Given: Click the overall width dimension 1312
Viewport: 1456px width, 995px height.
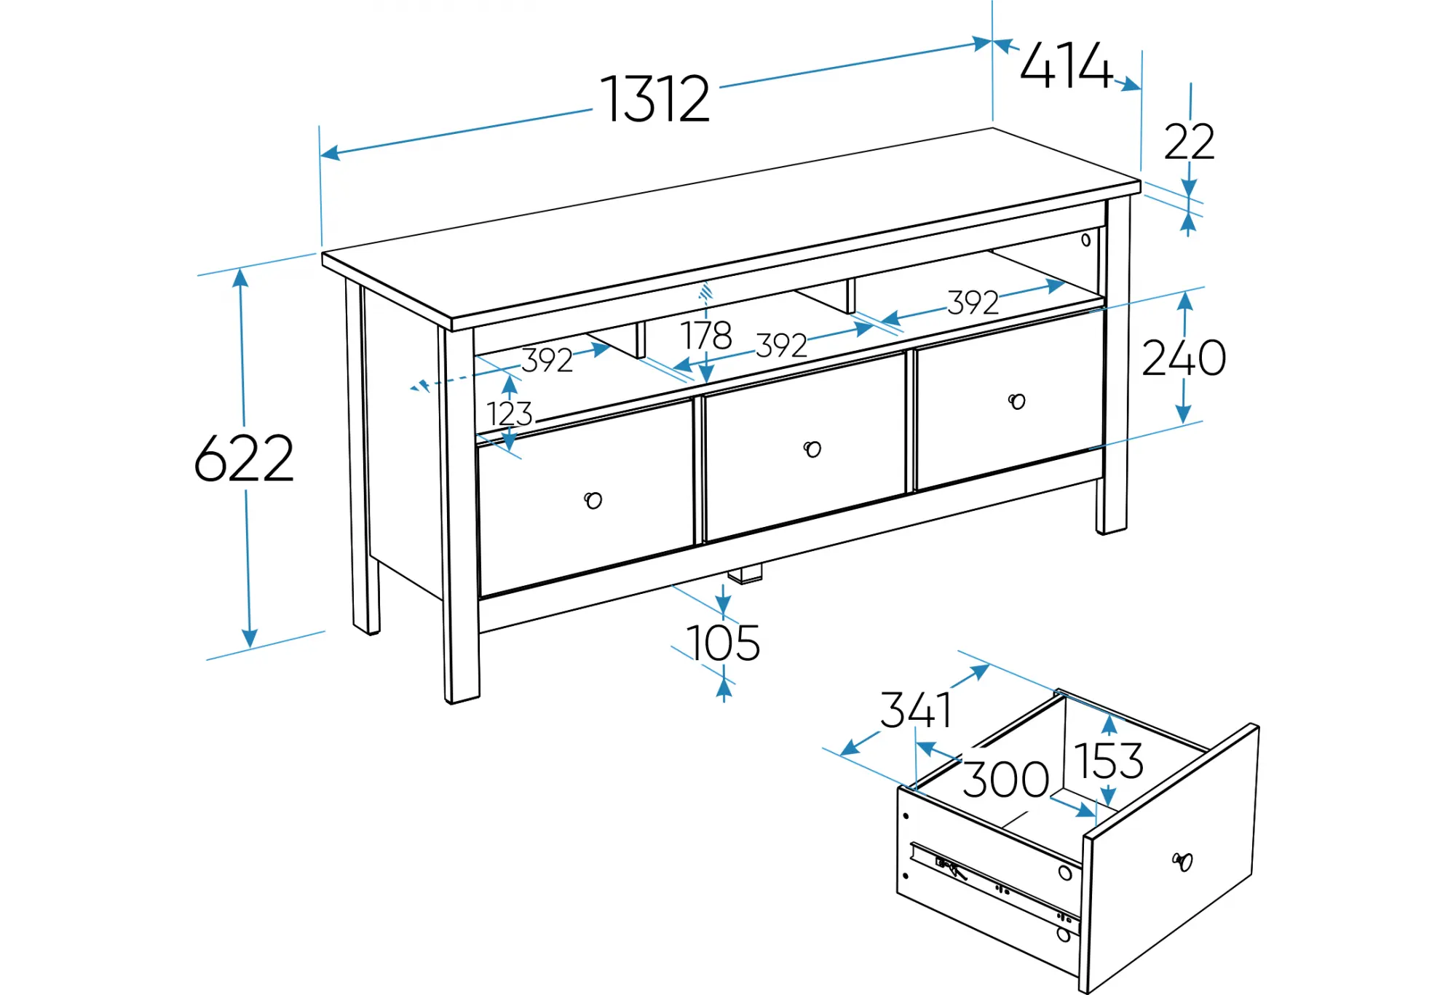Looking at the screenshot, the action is pos(654,99).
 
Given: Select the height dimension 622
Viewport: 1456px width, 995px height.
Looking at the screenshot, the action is pos(244,459).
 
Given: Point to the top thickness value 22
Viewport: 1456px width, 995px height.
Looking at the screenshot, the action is pos(1190,141).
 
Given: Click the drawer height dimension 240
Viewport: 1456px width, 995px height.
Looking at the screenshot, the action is pos(1184,358).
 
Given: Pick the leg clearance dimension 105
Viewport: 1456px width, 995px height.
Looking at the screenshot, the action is pos(723,643).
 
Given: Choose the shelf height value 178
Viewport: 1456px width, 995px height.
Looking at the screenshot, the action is pos(706,336).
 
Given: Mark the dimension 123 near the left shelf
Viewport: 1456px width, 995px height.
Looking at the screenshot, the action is pos(510,413).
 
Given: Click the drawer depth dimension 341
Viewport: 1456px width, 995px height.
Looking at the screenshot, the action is pos(916,710).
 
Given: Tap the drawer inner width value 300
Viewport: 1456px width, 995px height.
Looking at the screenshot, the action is pos(1006,780).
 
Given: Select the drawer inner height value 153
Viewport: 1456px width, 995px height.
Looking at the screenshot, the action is pos(1109,761).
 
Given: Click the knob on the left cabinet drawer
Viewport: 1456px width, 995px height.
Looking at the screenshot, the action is pos(593,500).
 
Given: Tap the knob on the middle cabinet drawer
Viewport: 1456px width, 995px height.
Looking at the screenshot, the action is pos(812,449).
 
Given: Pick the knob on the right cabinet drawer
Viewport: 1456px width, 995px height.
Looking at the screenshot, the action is pos(1017,401).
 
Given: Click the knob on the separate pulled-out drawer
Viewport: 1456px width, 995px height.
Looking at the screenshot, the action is pos(1183,862).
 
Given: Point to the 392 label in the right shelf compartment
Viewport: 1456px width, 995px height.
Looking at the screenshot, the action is pos(973,303).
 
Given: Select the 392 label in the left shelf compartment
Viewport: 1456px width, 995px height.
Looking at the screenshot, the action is pos(547,360).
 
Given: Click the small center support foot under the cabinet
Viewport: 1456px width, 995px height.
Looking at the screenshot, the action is pos(745,574).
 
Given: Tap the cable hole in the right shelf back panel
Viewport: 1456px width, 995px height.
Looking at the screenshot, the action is pos(1085,239).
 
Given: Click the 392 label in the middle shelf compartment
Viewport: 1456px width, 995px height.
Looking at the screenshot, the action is pos(781,346).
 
